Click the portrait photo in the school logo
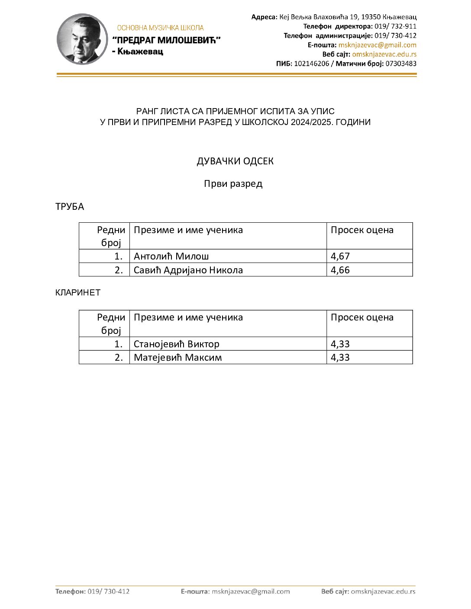(82, 39)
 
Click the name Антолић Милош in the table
(171, 256)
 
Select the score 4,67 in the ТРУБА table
(340, 256)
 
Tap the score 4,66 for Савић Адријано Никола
(340, 270)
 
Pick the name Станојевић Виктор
(176, 344)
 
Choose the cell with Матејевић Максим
(177, 357)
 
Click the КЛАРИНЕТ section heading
(78, 292)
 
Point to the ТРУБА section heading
(70, 207)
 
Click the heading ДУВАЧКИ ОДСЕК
(235, 161)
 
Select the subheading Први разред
(233, 184)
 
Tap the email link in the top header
(377, 45)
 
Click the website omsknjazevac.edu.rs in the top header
(384, 54)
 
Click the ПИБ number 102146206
(311, 64)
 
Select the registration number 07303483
(401, 64)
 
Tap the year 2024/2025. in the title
(316, 122)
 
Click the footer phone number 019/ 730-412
(108, 591)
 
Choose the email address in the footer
(251, 591)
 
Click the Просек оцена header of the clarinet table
(362, 317)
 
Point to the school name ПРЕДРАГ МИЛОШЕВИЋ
(167, 40)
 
